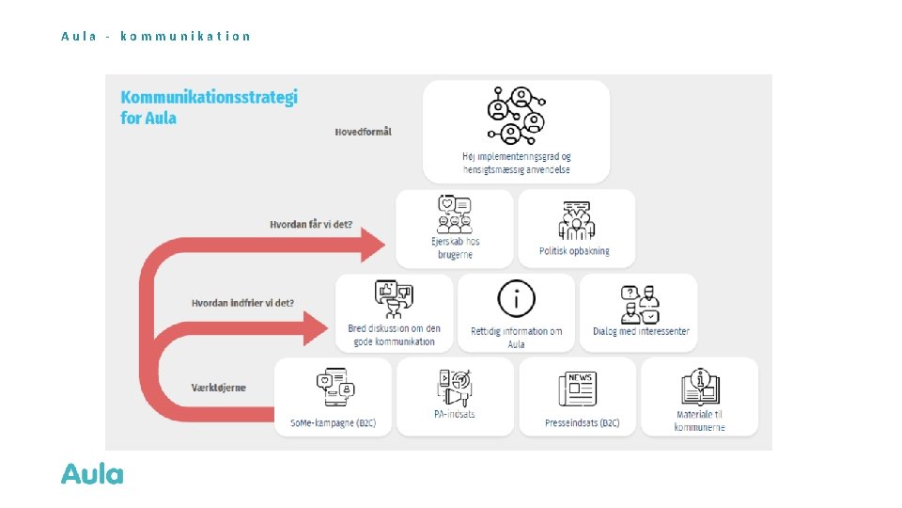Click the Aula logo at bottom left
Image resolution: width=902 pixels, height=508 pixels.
click(92, 474)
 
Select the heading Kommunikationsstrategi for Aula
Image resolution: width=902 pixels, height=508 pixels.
click(209, 107)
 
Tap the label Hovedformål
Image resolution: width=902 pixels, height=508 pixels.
click(363, 132)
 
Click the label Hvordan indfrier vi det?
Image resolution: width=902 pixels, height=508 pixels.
click(242, 303)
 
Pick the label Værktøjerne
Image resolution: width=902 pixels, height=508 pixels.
click(219, 388)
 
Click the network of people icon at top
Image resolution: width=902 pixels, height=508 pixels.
click(516, 116)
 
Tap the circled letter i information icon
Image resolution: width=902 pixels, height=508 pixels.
click(516, 299)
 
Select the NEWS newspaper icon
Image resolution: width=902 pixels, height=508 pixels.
click(577, 389)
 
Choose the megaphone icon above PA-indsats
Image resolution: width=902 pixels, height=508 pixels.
click(455, 387)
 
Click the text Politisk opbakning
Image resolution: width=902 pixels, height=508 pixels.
click(574, 251)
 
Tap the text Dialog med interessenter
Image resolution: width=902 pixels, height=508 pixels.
click(641, 331)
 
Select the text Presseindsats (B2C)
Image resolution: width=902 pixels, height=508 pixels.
click(582, 423)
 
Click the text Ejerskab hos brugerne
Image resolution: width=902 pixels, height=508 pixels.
click(456, 248)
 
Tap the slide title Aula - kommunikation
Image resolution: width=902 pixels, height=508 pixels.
click(156, 37)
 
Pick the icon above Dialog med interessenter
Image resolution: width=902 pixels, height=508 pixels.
click(640, 303)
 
